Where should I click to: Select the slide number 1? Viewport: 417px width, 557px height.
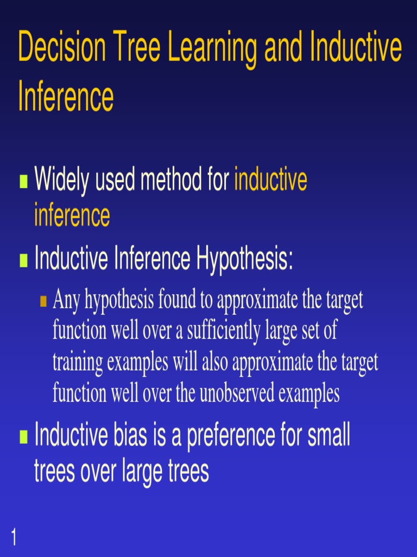pos(13,539)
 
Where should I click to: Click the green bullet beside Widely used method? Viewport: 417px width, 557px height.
pos(23,181)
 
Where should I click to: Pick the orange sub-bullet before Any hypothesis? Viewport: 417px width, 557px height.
pos(45,301)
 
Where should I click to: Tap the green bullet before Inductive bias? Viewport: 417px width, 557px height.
pos(23,436)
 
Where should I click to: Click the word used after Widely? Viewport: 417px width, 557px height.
pos(116,180)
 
